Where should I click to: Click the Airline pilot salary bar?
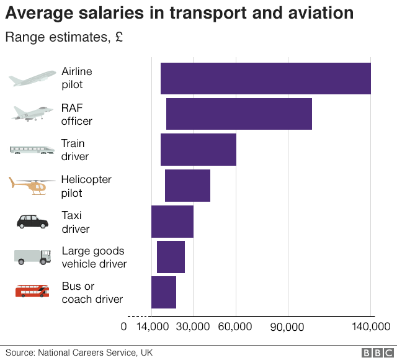click(x=265, y=79)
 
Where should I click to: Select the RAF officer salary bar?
click(x=239, y=114)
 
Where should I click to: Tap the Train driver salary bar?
click(x=198, y=150)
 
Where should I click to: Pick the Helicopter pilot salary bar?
click(x=187, y=186)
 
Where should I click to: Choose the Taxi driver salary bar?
click(x=172, y=222)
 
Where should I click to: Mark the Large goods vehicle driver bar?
click(x=171, y=257)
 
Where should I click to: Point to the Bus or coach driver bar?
click(x=164, y=292)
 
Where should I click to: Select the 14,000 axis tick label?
click(x=151, y=326)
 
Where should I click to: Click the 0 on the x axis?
click(x=123, y=326)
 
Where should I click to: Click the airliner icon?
click(x=32, y=78)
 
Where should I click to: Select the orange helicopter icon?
click(x=32, y=186)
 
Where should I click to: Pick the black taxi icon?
click(x=32, y=221)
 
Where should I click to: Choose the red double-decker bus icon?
click(x=32, y=290)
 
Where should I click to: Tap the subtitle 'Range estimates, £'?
click(x=64, y=37)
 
